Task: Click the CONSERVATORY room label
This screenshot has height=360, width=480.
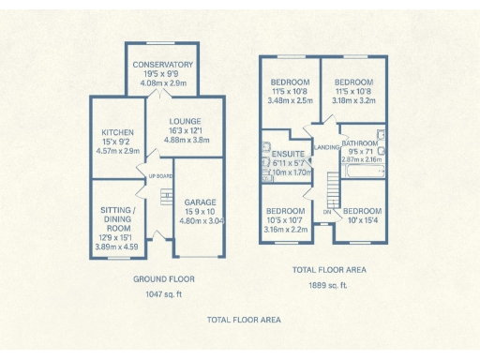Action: coord(163,65)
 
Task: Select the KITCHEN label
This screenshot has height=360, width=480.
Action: coord(118,132)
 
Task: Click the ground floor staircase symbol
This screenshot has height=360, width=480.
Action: coord(167,198)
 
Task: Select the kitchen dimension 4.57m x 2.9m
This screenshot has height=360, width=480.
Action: coord(118,150)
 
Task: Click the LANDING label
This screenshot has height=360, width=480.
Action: coord(328,147)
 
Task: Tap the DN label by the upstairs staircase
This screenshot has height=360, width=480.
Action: coord(326,212)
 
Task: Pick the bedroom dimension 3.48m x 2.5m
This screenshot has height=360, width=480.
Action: coord(289,100)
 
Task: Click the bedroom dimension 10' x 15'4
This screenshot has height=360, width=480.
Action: coord(360,219)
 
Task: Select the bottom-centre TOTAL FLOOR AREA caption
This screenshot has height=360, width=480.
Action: coord(244,320)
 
